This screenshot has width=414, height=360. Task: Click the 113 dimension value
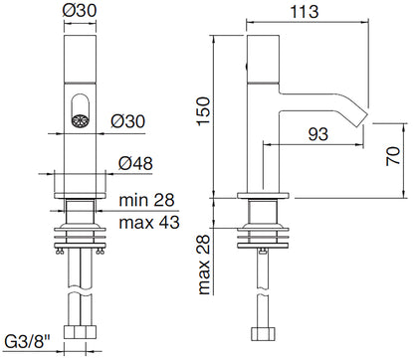point(305,12)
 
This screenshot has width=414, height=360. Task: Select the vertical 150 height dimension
point(204,111)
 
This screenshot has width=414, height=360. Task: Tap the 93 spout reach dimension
point(318,134)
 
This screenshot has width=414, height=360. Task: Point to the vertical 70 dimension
point(393,156)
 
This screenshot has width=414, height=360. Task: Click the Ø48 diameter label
point(135,163)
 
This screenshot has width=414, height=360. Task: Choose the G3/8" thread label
point(28,342)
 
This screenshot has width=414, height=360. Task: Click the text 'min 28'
point(146,200)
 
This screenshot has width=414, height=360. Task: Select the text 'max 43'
point(149,222)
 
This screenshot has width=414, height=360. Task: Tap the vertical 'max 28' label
point(204,265)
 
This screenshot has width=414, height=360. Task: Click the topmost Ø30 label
point(80,11)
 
